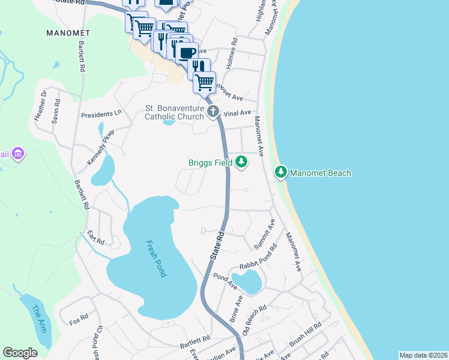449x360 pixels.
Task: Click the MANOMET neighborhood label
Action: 68,33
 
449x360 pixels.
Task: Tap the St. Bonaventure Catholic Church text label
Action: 175,112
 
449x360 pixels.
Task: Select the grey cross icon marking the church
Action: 212,111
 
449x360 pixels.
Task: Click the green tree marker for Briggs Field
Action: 241,161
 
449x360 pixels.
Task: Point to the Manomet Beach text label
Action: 321,173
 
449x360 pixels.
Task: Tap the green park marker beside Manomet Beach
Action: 280,172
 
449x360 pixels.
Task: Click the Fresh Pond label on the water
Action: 155,258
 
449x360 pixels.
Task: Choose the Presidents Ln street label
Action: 101,113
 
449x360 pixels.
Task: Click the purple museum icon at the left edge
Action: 18,154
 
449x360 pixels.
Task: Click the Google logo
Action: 20,352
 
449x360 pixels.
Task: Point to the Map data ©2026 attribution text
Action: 423,355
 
